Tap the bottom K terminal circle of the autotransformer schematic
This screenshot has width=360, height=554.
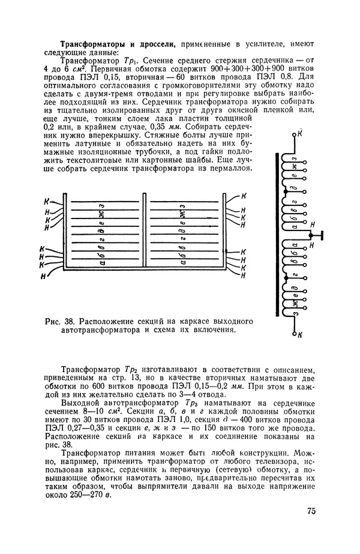click(x=294, y=333)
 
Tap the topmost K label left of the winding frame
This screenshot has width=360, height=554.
click(x=48, y=202)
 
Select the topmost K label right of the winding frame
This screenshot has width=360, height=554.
click(x=244, y=196)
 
